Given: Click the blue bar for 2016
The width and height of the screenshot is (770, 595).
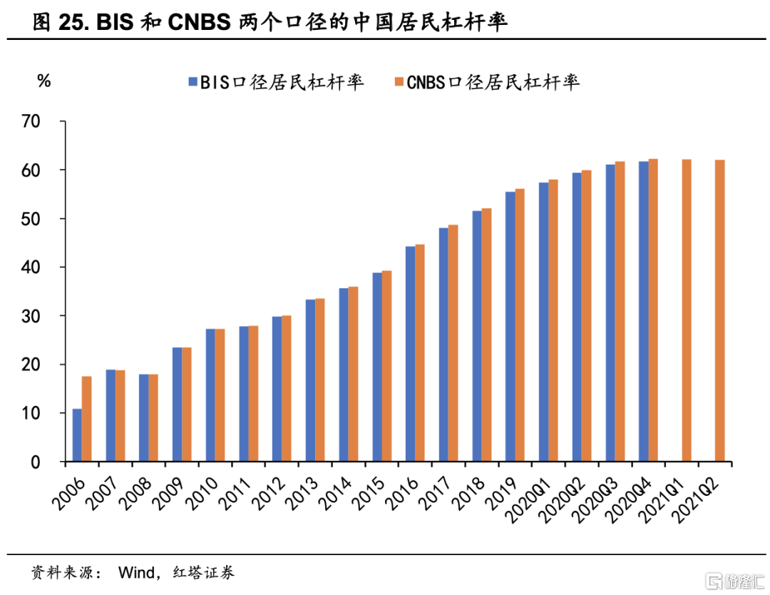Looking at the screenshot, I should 411,354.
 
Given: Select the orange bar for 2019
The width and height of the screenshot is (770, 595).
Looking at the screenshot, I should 520,325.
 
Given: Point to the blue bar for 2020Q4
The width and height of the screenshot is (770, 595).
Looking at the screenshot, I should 644,311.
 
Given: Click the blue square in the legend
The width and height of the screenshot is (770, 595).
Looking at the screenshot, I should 192,82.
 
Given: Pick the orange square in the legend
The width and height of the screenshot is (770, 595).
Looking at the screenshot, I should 399,82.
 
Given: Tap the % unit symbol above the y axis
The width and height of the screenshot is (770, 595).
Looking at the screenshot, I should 44,81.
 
